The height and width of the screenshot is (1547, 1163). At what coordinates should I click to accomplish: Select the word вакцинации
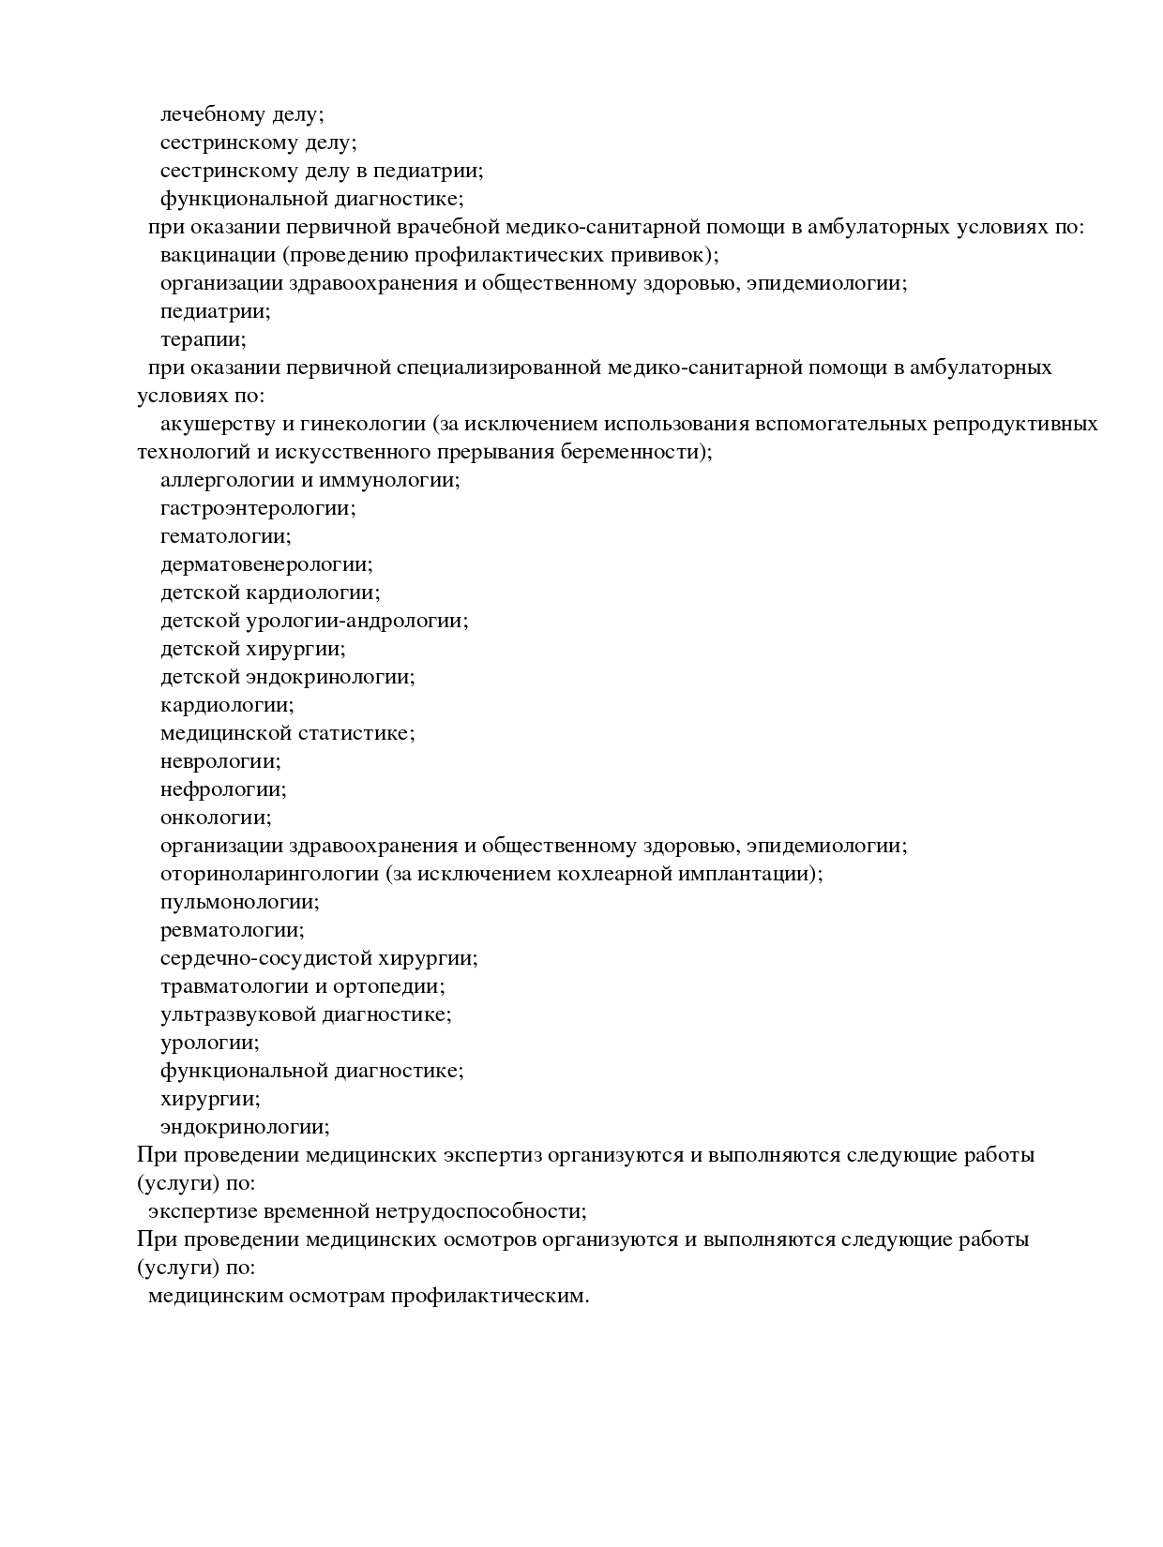[219, 255]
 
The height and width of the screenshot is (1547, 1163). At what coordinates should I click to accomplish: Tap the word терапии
[202, 339]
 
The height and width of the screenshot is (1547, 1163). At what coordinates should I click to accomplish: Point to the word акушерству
[218, 424]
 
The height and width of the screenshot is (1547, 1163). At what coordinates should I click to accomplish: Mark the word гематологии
[224, 536]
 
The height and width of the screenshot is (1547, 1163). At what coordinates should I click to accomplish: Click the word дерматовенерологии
[265, 564]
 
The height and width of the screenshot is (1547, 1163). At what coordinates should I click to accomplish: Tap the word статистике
[355, 733]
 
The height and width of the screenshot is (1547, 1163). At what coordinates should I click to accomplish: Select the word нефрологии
[222, 789]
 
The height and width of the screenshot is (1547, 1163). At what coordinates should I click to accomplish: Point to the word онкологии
[215, 818]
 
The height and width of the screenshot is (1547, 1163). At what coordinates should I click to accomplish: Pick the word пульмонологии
[238, 902]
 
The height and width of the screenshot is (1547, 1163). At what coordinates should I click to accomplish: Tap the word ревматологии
[231, 930]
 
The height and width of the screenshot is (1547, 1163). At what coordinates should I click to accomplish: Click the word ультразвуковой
[237, 1014]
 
